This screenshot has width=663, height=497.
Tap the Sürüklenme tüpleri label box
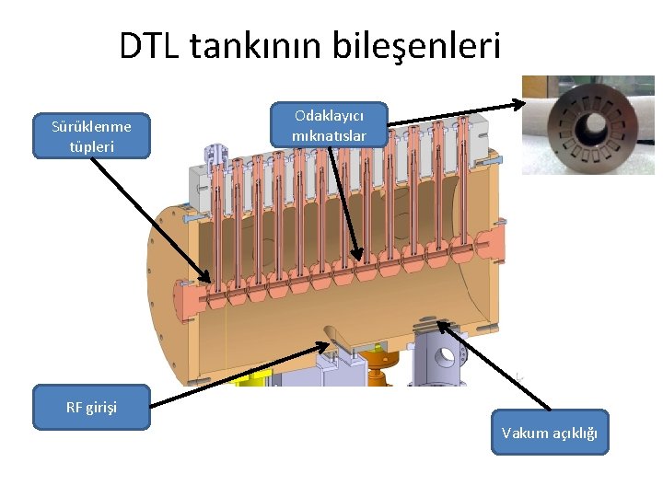point(91,136)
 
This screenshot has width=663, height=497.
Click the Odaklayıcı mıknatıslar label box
point(329,126)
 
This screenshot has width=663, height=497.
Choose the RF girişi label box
point(91,407)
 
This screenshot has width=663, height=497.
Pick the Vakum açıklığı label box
point(550,433)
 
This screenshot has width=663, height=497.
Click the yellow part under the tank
point(249,376)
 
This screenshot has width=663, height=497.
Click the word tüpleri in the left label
point(91,146)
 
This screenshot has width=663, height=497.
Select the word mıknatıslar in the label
point(329,136)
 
